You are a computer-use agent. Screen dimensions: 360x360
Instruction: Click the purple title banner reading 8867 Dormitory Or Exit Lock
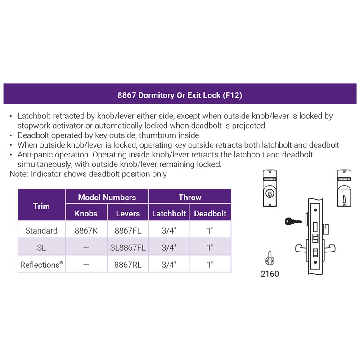pyautogui.click(x=180, y=94)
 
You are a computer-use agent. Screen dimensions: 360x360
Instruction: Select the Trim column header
pyautogui.click(x=41, y=205)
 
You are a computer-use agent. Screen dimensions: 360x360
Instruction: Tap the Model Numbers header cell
pyautogui.click(x=107, y=196)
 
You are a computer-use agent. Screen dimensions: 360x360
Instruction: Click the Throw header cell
pyautogui.click(x=190, y=196)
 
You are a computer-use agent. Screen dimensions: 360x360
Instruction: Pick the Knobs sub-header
pyautogui.click(x=86, y=212)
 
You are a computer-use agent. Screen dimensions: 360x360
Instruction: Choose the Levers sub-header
pyautogui.click(x=128, y=212)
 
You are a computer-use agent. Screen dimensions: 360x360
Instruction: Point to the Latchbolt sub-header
pyautogui.click(x=169, y=212)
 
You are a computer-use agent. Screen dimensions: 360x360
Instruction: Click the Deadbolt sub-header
pyautogui.click(x=210, y=212)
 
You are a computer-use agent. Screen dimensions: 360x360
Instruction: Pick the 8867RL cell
pyautogui.click(x=128, y=265)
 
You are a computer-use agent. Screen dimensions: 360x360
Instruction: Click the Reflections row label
pyautogui.click(x=41, y=265)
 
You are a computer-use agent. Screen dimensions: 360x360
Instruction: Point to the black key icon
pyautogui.click(x=293, y=221)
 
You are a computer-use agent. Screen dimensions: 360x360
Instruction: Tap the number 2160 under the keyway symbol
pyautogui.click(x=270, y=274)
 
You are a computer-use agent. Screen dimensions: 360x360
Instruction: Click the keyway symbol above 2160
pyautogui.click(x=270, y=258)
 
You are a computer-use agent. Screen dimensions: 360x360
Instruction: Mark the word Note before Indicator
pyautogui.click(x=19, y=174)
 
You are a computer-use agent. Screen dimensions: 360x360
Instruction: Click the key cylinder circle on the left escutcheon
pyautogui.click(x=270, y=193)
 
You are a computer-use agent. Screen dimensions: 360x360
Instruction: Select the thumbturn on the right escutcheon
pyautogui.click(x=344, y=199)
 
